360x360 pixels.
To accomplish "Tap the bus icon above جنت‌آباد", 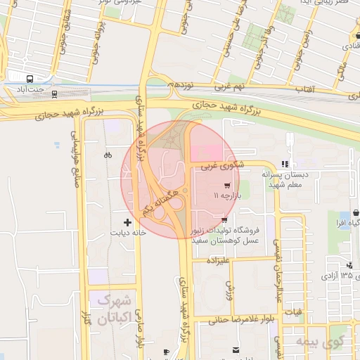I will [30, 79].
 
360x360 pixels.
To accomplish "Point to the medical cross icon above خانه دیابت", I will [127, 221].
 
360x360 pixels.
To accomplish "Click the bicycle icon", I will [107, 155].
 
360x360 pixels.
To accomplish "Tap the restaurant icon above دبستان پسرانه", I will [285, 162].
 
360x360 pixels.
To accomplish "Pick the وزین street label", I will [229, 288].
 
